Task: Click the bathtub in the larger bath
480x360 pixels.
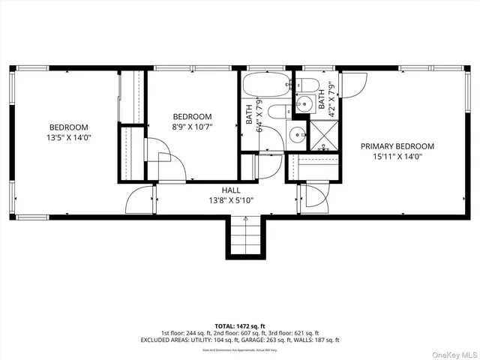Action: pos(268,85)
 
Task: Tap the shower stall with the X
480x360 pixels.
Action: pos(324,136)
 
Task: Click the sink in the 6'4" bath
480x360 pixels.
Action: pos(297,136)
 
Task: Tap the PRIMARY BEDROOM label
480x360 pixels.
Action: pos(397,146)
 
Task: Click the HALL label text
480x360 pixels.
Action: pos(230,190)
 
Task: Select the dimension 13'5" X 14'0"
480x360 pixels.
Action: pos(69,138)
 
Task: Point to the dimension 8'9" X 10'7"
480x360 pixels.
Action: pos(192,127)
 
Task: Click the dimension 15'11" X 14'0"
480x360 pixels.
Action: pos(397,157)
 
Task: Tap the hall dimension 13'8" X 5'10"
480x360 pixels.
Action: pos(230,201)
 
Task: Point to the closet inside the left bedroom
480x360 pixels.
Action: pos(132,97)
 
